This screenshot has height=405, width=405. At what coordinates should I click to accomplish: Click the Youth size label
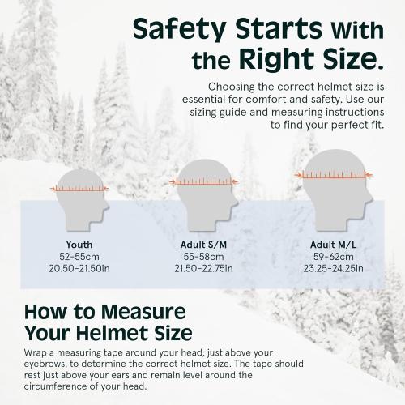79,245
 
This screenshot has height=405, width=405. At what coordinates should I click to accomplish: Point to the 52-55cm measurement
79,256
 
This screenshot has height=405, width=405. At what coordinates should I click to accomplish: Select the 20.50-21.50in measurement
79,267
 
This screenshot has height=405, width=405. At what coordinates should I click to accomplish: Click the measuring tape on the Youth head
79,188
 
